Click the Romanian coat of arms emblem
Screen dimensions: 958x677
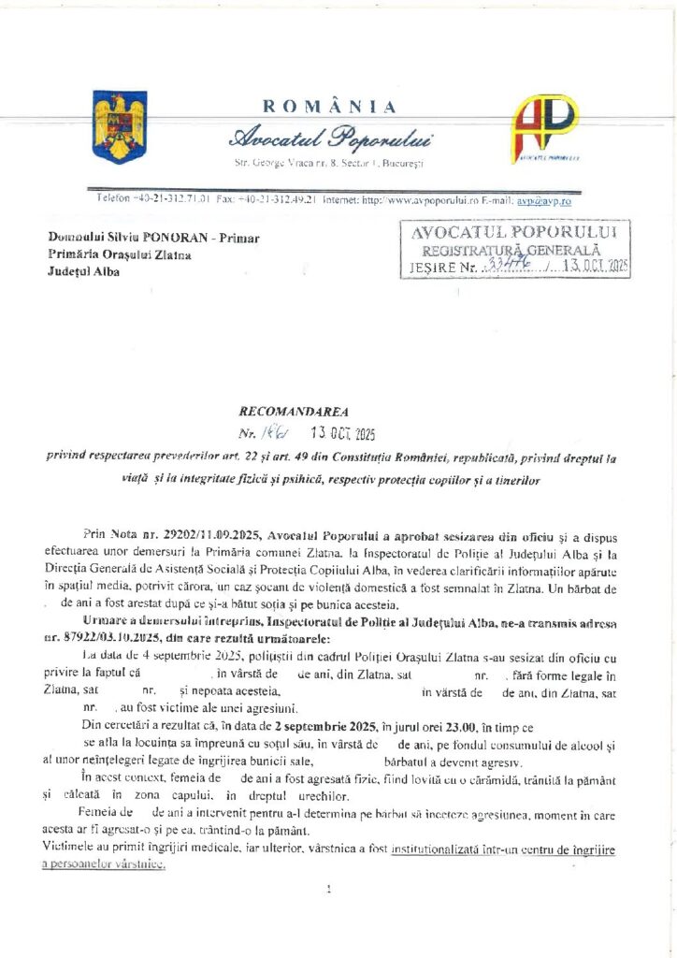click(x=114, y=126)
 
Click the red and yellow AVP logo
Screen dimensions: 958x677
click(x=544, y=128)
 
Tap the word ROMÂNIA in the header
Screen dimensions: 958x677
click(x=329, y=107)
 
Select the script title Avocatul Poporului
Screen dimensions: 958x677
click(x=333, y=138)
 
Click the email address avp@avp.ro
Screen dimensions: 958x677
click(x=546, y=200)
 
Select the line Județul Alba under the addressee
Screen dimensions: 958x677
click(x=87, y=271)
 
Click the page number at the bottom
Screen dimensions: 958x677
click(x=329, y=890)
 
